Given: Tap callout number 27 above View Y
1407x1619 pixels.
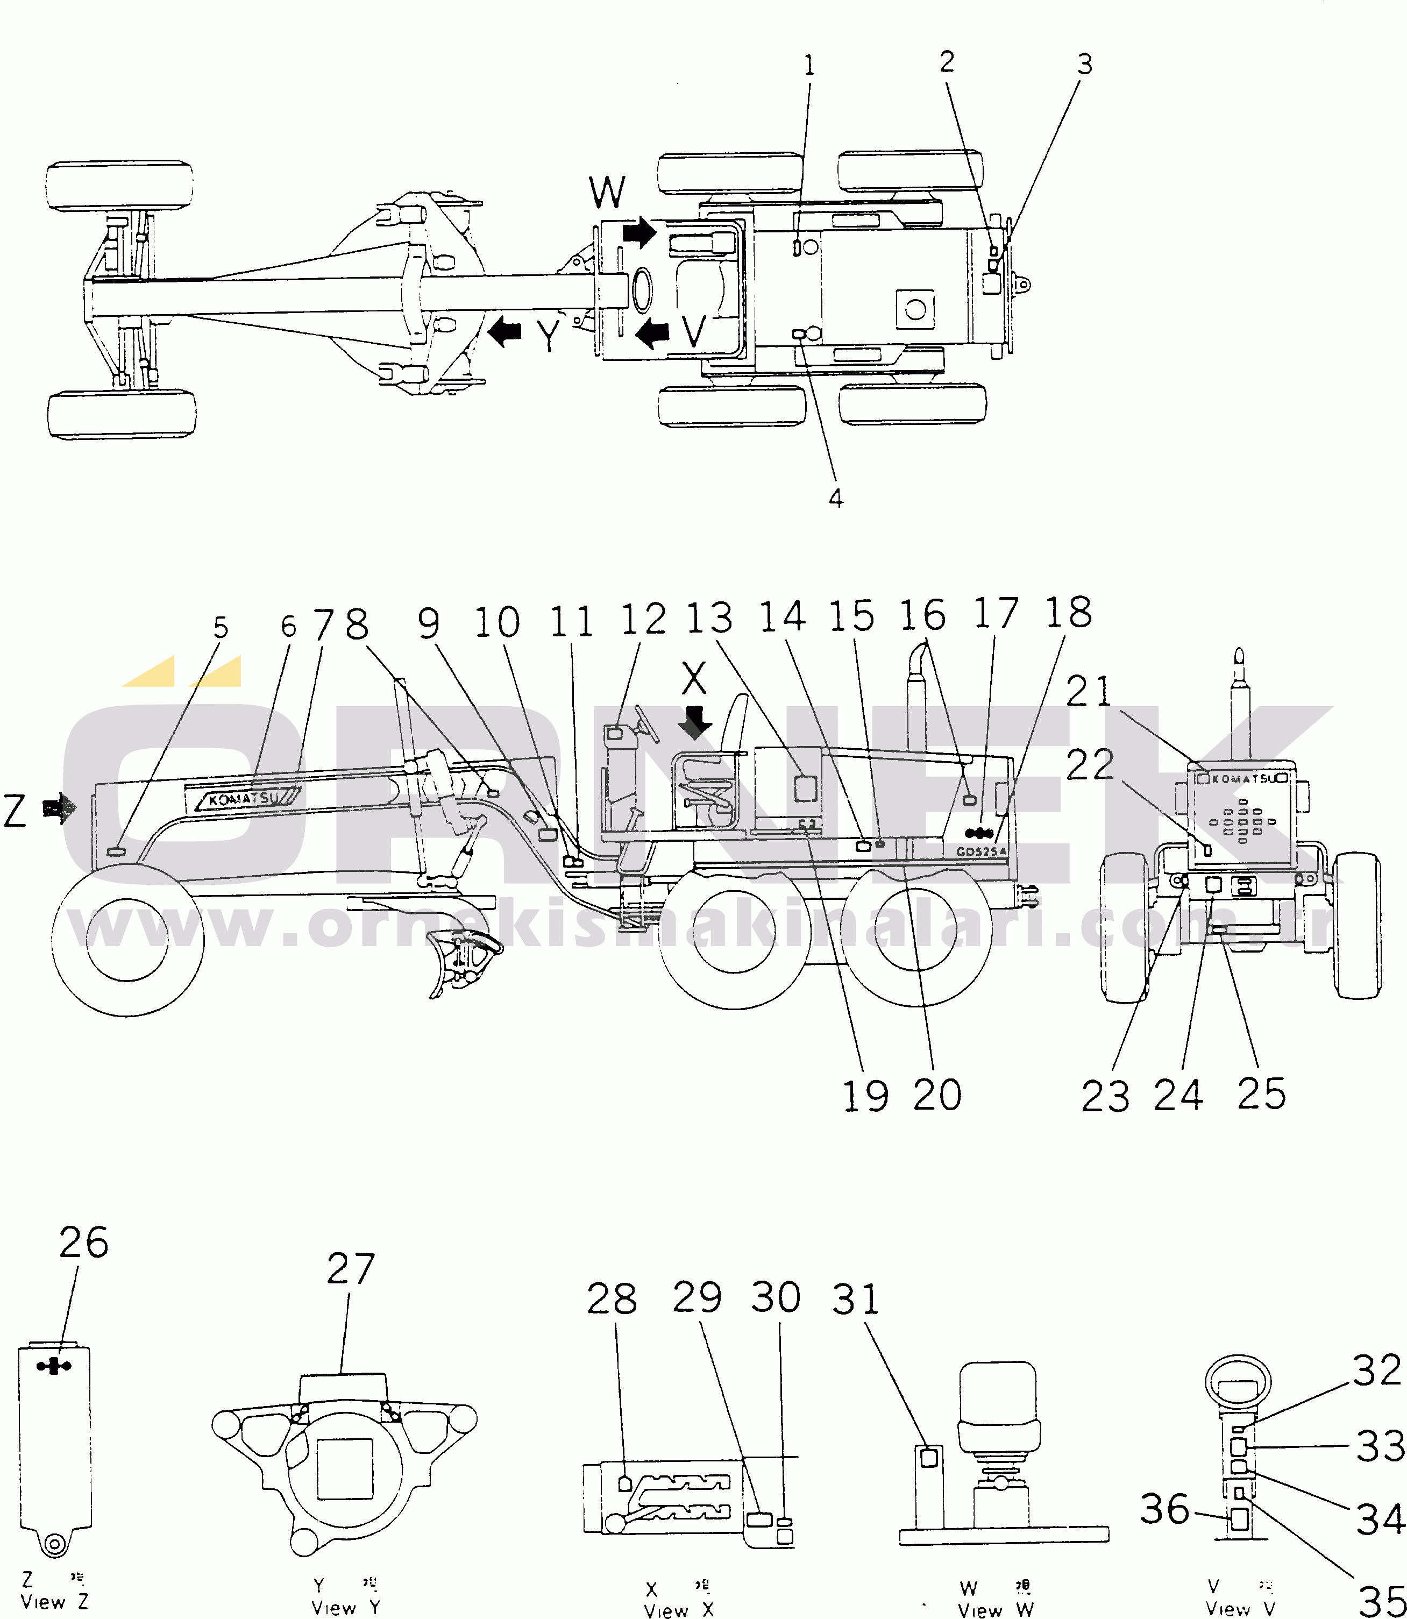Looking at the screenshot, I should (350, 1269).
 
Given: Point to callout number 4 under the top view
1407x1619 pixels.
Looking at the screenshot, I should (836, 498).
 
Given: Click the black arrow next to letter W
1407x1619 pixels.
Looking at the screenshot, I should (639, 232).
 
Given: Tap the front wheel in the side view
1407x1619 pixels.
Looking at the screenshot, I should (127, 939).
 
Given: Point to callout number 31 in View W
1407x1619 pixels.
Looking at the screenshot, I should (855, 1300).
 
